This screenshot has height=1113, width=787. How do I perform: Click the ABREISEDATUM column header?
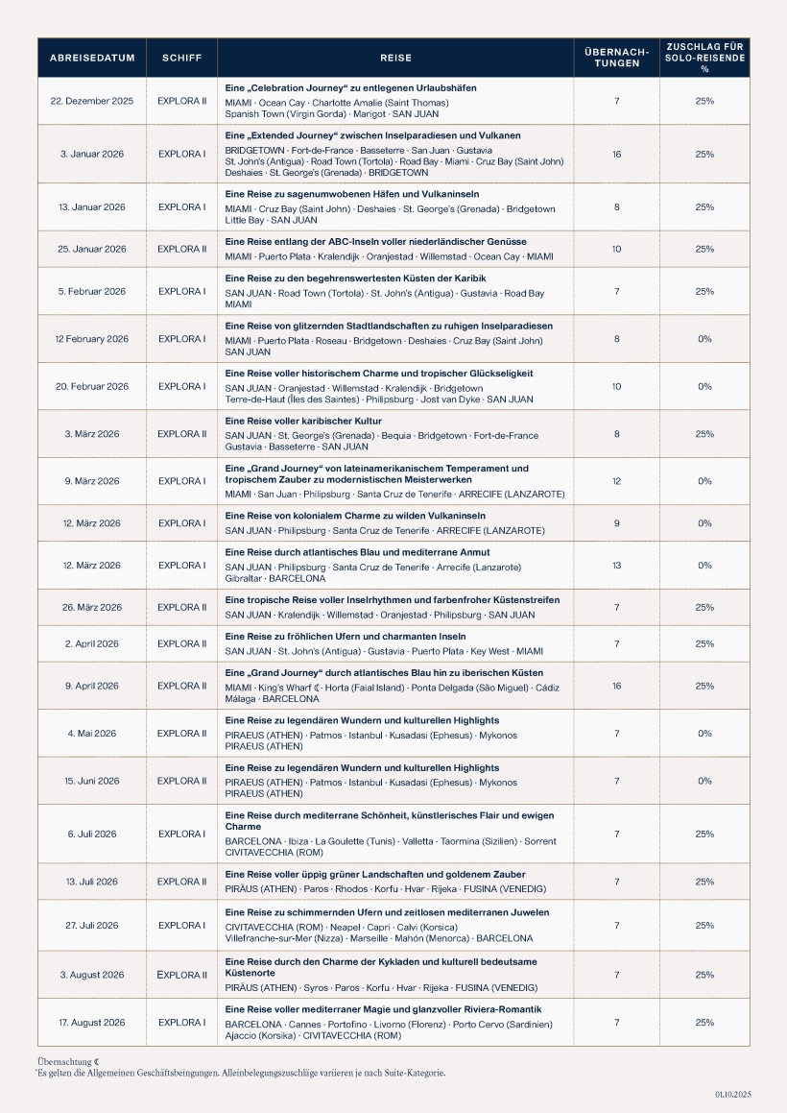92,58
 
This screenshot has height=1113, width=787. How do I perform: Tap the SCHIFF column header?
181,58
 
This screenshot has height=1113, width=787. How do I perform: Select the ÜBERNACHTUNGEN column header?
616,58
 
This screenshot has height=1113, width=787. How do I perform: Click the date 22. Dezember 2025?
92,101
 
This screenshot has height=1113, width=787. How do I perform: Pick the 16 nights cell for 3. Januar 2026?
616,154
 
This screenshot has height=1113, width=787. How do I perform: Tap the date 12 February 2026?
92,339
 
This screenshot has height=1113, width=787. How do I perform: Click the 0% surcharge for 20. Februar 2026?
704,386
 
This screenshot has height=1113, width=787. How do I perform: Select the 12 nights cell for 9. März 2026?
616,481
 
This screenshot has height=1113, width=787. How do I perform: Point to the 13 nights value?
616,566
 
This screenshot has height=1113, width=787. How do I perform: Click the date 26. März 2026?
92,607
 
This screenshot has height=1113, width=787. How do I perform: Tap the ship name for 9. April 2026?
181,686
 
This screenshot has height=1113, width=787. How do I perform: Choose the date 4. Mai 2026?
92,734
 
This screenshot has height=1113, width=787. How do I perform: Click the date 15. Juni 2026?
92,781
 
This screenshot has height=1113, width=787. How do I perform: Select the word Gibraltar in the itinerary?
244,579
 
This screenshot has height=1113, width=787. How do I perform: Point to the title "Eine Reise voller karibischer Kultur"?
303,422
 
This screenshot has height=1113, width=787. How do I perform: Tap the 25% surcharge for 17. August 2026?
704,1023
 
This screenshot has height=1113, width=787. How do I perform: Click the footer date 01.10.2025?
732,1094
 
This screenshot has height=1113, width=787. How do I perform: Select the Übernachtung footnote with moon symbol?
63,1061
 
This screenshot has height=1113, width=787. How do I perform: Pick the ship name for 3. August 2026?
181,975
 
